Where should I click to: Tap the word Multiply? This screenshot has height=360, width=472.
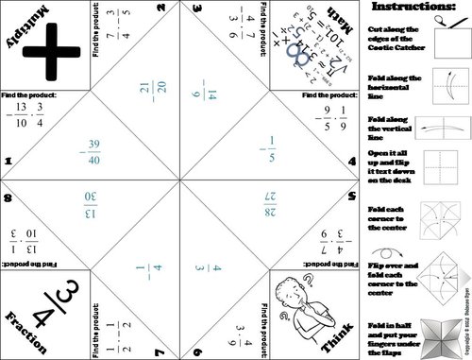pyautogui.click(x=25, y=26)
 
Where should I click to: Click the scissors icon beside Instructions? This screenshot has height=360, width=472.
pyautogui.click(x=440, y=12)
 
